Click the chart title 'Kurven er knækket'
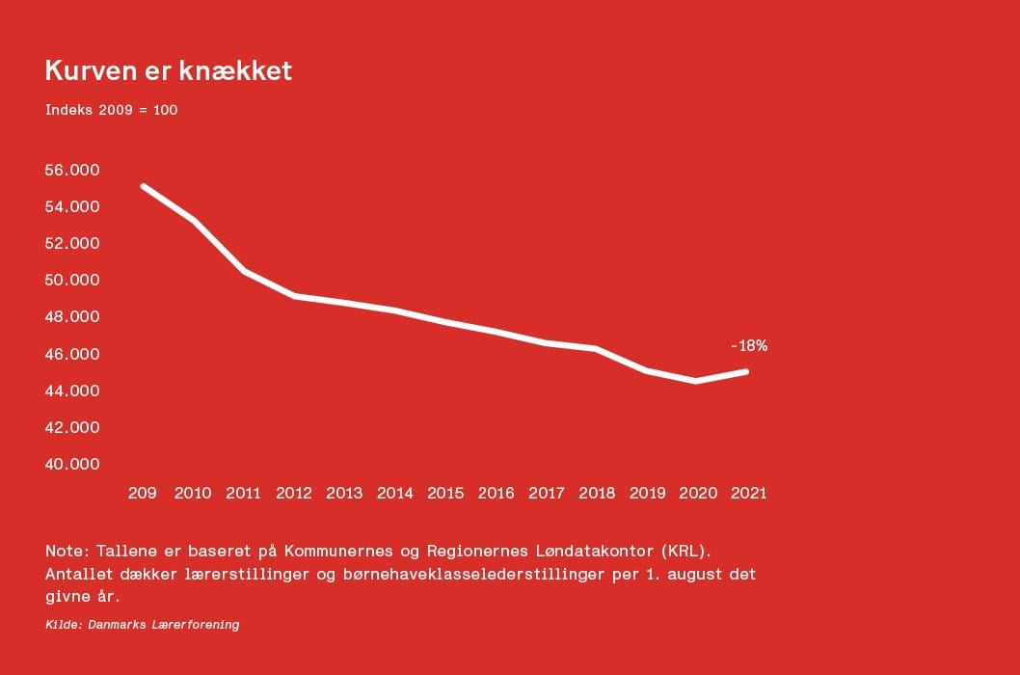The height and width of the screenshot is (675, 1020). click(168, 71)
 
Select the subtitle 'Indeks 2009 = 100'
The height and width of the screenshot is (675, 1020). click(111, 110)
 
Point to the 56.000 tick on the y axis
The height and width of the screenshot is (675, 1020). click(72, 170)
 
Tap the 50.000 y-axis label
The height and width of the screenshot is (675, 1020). click(72, 280)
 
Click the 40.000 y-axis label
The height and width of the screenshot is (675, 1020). click(72, 464)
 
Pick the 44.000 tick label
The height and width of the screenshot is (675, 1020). click(72, 391)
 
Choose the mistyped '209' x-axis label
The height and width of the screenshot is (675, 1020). click(143, 493)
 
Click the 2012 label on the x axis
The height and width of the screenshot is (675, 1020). click(294, 493)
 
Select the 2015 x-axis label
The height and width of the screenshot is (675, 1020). click(445, 493)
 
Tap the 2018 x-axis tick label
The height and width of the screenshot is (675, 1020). click(597, 493)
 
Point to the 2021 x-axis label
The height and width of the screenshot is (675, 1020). click(749, 493)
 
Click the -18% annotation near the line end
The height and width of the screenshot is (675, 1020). click(749, 345)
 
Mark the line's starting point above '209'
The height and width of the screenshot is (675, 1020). click(144, 186)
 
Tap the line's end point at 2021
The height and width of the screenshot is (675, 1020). click(746, 371)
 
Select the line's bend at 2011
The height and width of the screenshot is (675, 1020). click(244, 272)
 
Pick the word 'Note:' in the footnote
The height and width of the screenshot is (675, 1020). click(66, 551)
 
